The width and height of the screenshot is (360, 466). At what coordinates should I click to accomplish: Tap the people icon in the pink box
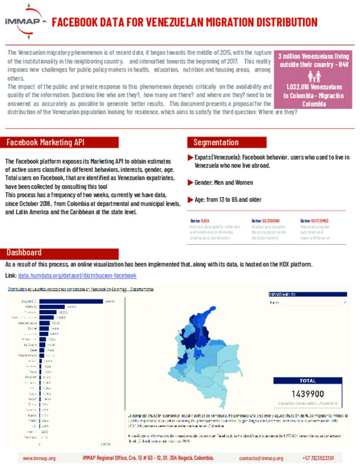pyautogui.click(x=314, y=76)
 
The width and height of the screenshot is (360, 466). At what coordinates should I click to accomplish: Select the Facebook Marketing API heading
pyautogui.click(x=46, y=142)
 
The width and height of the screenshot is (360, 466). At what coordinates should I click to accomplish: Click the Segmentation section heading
pyautogui.click(x=216, y=142)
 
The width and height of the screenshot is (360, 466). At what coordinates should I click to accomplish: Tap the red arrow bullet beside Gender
pyautogui.click(x=191, y=183)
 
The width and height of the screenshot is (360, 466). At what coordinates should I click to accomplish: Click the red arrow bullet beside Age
pyautogui.click(x=191, y=200)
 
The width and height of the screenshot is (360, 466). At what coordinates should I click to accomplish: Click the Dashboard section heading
pyautogui.click(x=24, y=253)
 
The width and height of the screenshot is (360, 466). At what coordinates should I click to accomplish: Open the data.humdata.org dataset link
pyautogui.click(x=77, y=276)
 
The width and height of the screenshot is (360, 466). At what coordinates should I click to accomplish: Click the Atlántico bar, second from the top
pyautogui.click(x=52, y=307)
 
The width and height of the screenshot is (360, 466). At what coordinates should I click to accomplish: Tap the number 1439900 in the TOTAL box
pyautogui.click(x=308, y=394)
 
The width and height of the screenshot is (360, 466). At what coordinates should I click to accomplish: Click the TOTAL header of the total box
pyautogui.click(x=308, y=381)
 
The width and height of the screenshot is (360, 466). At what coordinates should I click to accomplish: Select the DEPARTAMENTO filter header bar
pyautogui.click(x=308, y=294)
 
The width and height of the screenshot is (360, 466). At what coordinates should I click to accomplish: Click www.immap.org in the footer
pyautogui.click(x=39, y=458)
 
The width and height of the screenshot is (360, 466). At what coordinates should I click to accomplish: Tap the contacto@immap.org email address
pyautogui.click(x=261, y=458)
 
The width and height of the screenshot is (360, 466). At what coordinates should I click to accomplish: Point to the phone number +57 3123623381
pyautogui.click(x=318, y=458)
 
